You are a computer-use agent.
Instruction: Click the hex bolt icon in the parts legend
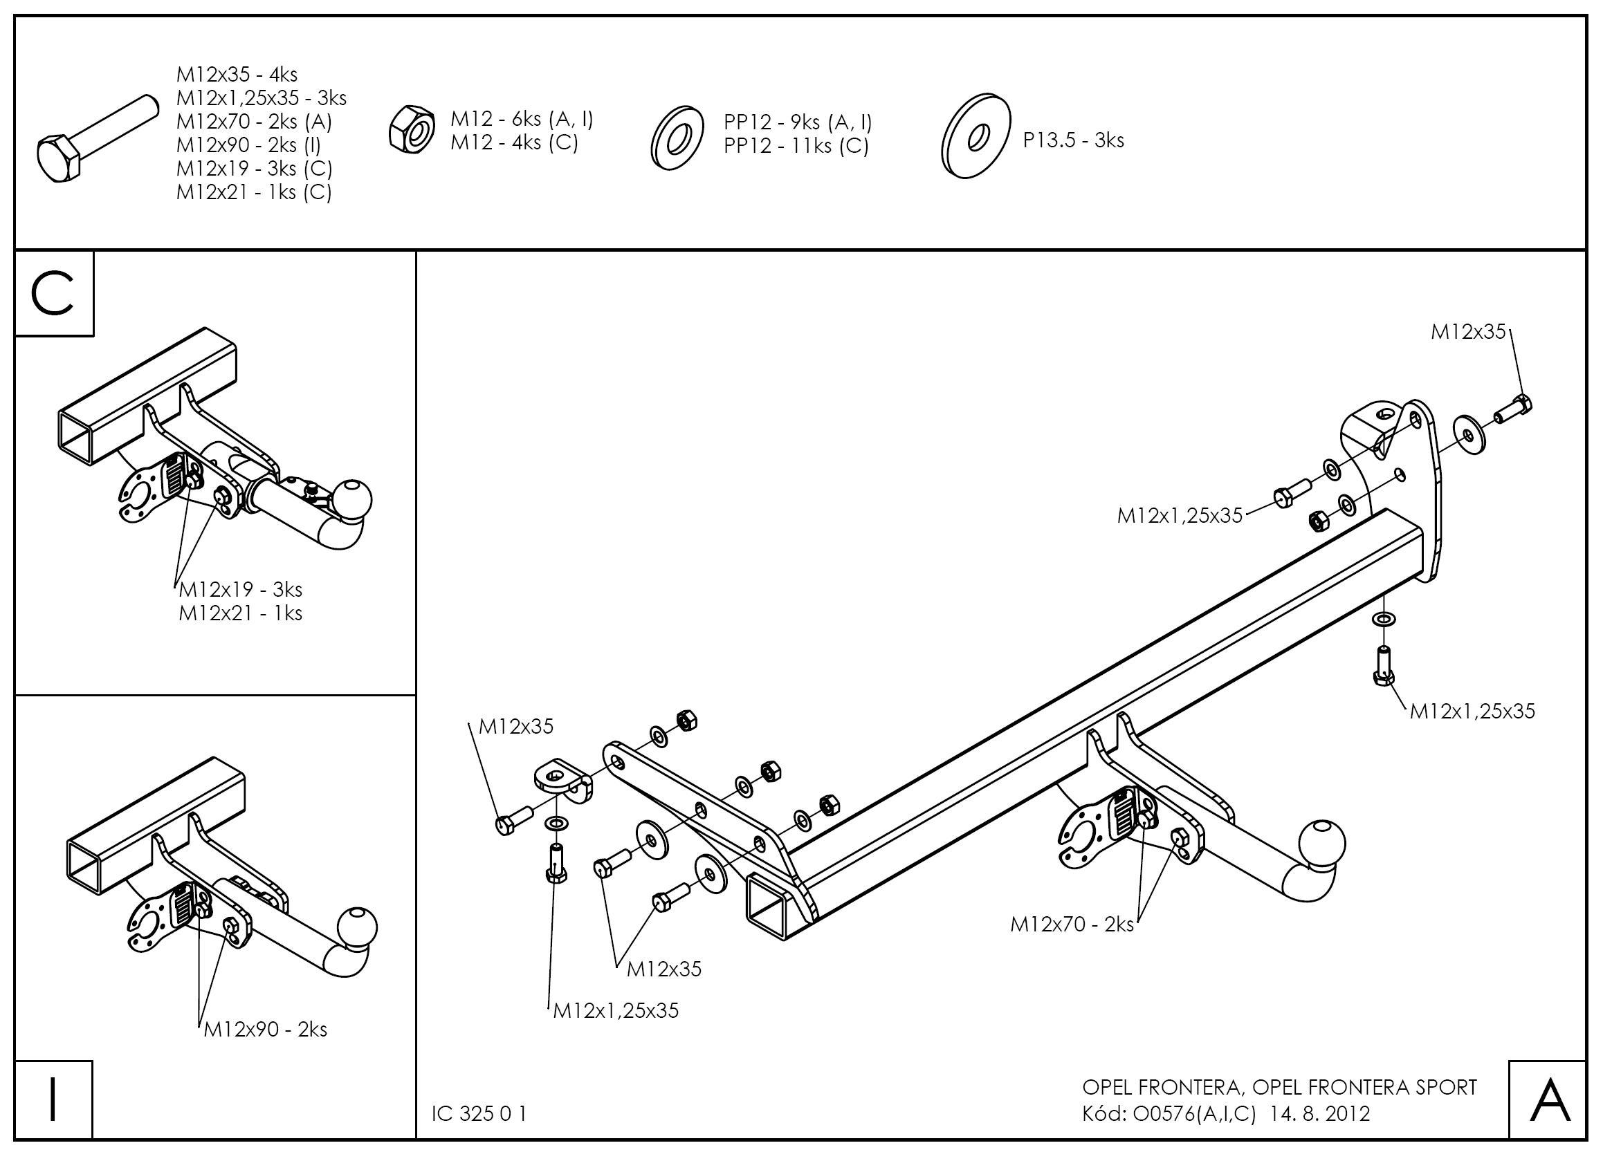click(x=95, y=140)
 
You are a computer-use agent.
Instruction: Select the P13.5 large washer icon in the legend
click(x=977, y=136)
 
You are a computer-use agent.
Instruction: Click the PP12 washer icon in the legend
click(x=677, y=138)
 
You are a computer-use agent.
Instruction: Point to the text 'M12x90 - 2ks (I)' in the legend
click(x=249, y=145)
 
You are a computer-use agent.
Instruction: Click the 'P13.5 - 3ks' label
click(x=1073, y=140)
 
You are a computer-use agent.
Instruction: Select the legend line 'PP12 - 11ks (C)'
click(x=796, y=147)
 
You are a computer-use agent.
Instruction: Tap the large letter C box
click(x=54, y=293)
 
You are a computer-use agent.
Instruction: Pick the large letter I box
click(x=54, y=1099)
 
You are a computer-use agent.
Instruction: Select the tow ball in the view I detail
click(x=358, y=928)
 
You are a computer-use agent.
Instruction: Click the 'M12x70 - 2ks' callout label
click(x=1072, y=924)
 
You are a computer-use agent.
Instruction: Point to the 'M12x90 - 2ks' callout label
click(x=266, y=1030)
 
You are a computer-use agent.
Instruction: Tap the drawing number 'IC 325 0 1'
click(x=479, y=1114)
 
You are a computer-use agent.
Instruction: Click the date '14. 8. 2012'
click(x=1320, y=1114)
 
